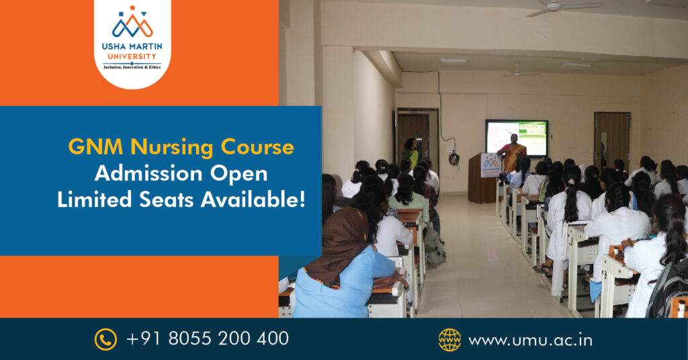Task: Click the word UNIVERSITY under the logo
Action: (132, 56)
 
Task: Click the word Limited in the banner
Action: (94, 200)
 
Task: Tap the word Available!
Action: (253, 200)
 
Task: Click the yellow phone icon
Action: (105, 339)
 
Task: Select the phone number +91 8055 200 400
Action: (208, 339)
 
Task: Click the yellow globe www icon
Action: (449, 340)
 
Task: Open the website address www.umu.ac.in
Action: (531, 341)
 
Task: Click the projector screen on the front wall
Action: (517, 138)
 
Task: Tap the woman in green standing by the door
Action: (411, 153)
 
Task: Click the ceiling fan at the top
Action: (564, 7)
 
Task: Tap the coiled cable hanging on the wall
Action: (454, 159)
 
